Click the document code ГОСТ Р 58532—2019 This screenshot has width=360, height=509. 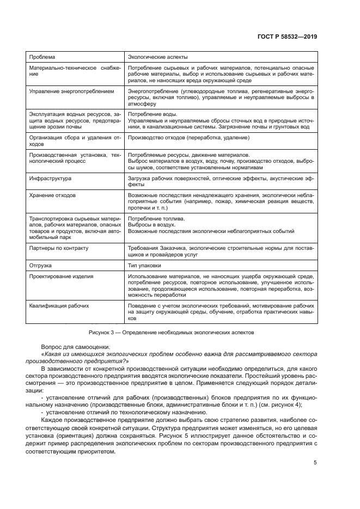[288, 36]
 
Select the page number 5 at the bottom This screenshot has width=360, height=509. [315, 463]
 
